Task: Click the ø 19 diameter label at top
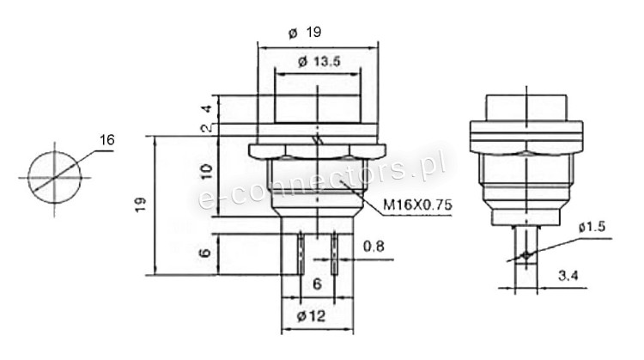click(305, 32)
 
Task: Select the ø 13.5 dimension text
click(319, 62)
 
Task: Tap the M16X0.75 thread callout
click(417, 204)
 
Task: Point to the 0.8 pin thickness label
click(374, 247)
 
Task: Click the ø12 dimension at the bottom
click(311, 316)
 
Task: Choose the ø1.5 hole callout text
click(592, 227)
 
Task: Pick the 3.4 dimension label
click(568, 275)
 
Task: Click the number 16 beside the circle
click(106, 140)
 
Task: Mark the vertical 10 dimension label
click(207, 170)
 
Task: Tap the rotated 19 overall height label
click(140, 204)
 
